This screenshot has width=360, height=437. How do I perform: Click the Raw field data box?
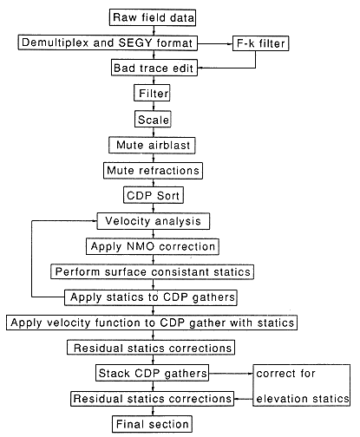pyautogui.click(x=153, y=17)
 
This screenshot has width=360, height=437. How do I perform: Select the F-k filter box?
pyautogui.click(x=260, y=43)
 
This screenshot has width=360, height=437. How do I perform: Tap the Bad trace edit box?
pyautogui.click(x=154, y=68)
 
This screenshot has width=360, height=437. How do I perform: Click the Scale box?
pyautogui.click(x=153, y=120)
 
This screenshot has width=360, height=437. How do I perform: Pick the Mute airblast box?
pyautogui.click(x=152, y=145)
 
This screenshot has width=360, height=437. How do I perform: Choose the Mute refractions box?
pyautogui.click(x=153, y=171)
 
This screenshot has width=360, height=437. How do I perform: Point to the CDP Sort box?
pyautogui.click(x=154, y=195)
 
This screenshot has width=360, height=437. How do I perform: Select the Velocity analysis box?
pyautogui.click(x=153, y=221)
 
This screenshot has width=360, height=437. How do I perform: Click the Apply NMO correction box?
pyautogui.click(x=153, y=246)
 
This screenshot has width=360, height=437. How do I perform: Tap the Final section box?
pyautogui.click(x=152, y=424)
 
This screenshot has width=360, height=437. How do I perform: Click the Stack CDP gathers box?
pyautogui.click(x=152, y=373)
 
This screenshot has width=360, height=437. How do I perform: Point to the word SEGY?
pyautogui.click(x=135, y=42)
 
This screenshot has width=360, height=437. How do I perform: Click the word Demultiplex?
pyautogui.click(x=56, y=42)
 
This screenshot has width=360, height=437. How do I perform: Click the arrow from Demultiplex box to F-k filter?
pyautogui.click(x=215, y=44)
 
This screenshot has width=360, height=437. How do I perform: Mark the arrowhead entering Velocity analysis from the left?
pyautogui.click(x=95, y=221)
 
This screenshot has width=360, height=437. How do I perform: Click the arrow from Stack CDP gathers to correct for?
pyautogui.click(x=231, y=374)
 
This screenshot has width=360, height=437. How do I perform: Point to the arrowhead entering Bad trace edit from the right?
pyautogui.click(x=200, y=68)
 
